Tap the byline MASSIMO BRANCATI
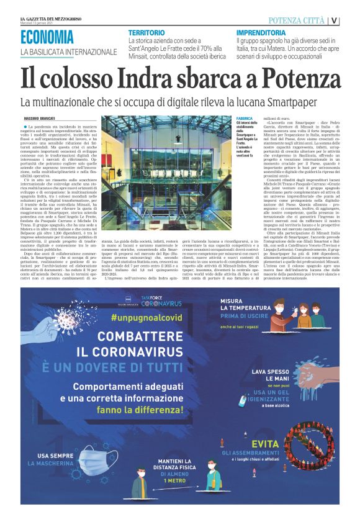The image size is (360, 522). (x=40, y=118)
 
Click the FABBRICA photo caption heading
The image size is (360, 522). (x=245, y=117)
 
